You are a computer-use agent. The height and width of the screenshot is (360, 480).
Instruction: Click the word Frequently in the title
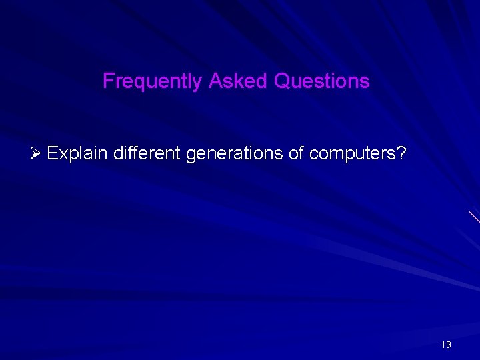click(153, 81)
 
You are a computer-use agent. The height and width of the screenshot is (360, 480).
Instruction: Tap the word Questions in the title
click(321, 81)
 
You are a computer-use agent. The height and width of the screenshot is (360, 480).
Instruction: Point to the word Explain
click(78, 154)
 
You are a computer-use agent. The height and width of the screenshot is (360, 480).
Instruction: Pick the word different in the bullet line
click(147, 154)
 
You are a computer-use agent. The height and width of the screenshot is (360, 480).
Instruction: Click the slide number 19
click(446, 345)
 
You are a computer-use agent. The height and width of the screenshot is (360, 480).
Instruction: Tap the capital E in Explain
click(53, 154)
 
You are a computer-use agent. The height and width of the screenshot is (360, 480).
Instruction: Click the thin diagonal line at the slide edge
click(473, 216)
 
